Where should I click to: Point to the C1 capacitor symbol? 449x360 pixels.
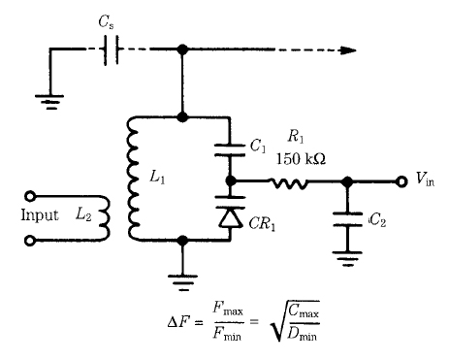click(x=230, y=149)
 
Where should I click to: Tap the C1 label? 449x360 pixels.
click(x=257, y=147)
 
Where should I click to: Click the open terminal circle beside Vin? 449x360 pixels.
click(x=400, y=180)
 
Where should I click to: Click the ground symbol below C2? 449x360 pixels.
click(x=346, y=257)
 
